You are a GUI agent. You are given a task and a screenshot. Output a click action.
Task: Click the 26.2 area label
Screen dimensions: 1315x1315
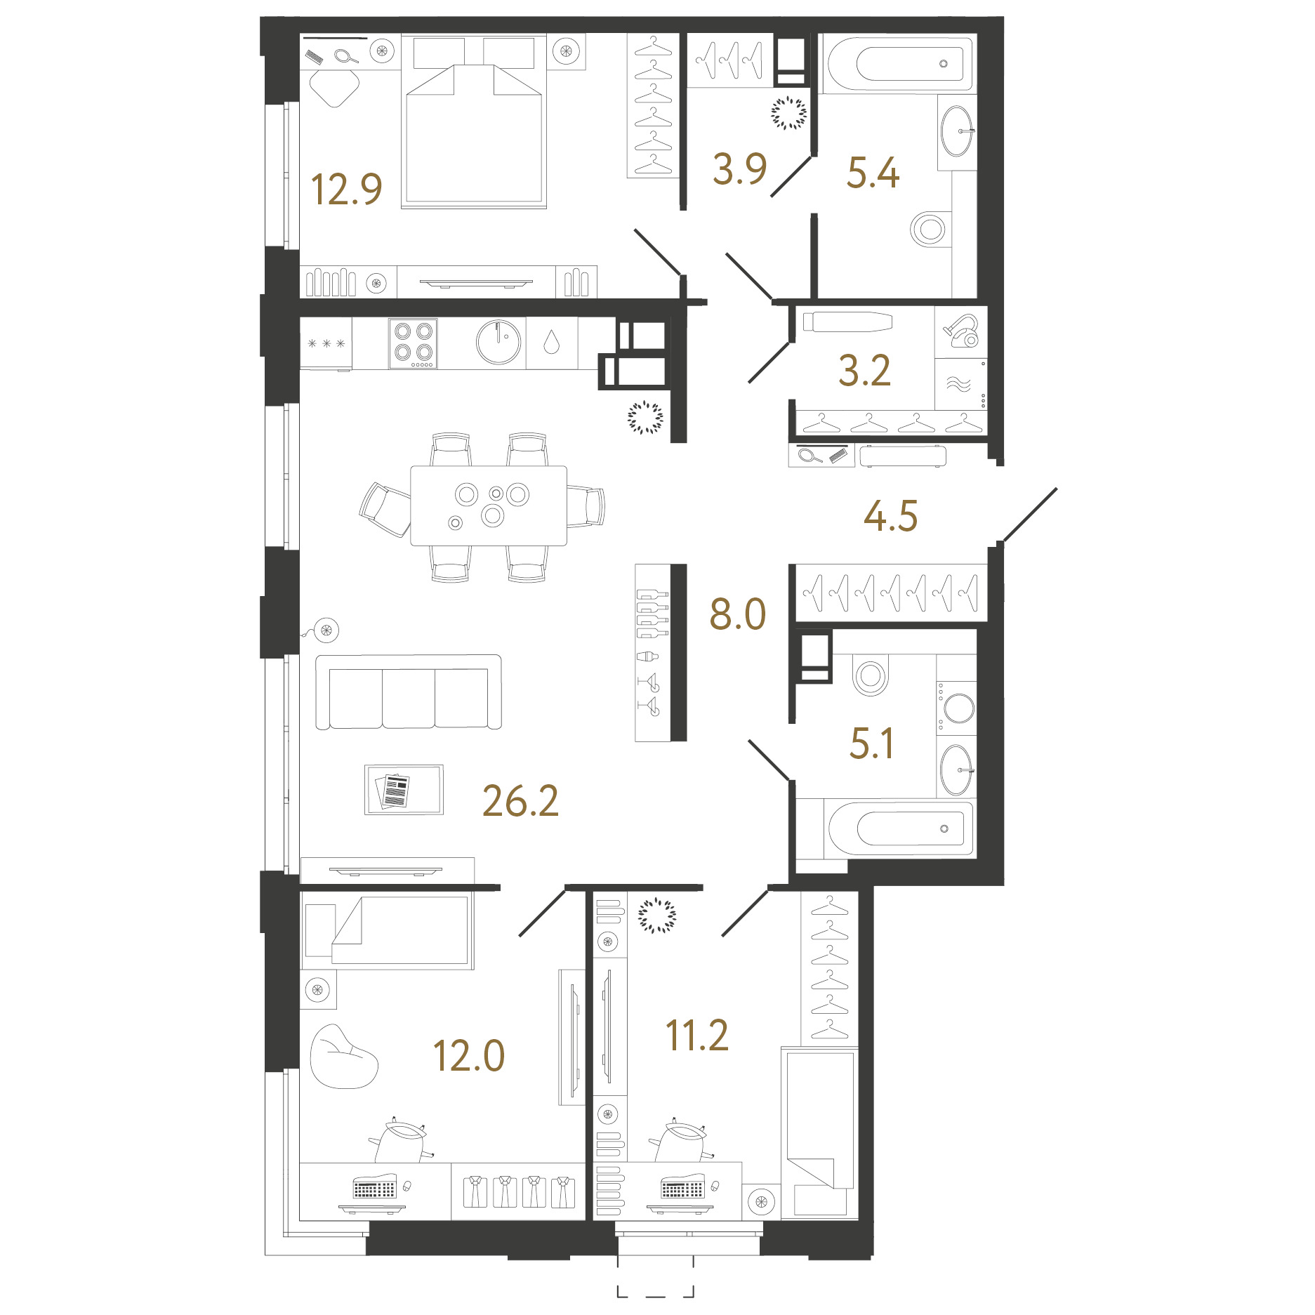(x=520, y=801)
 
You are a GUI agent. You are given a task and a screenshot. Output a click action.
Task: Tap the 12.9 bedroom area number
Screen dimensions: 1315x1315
(x=346, y=190)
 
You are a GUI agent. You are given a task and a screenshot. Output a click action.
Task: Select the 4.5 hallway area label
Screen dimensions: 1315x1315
(x=890, y=516)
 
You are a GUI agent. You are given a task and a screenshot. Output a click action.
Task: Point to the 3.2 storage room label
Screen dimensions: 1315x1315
(x=864, y=370)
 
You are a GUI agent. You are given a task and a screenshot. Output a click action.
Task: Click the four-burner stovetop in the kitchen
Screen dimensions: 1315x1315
(x=413, y=343)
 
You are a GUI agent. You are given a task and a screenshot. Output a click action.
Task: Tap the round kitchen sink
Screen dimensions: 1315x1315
(x=498, y=343)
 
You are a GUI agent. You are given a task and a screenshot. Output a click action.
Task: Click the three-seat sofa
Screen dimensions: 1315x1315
(x=409, y=692)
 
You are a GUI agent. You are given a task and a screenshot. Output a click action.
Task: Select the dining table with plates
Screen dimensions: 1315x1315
(x=489, y=505)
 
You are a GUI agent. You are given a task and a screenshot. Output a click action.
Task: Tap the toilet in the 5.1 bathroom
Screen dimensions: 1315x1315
(x=871, y=675)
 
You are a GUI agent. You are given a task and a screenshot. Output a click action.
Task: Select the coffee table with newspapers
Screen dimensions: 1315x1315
(x=404, y=790)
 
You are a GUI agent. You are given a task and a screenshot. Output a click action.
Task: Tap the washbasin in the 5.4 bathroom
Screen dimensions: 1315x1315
(x=956, y=131)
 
